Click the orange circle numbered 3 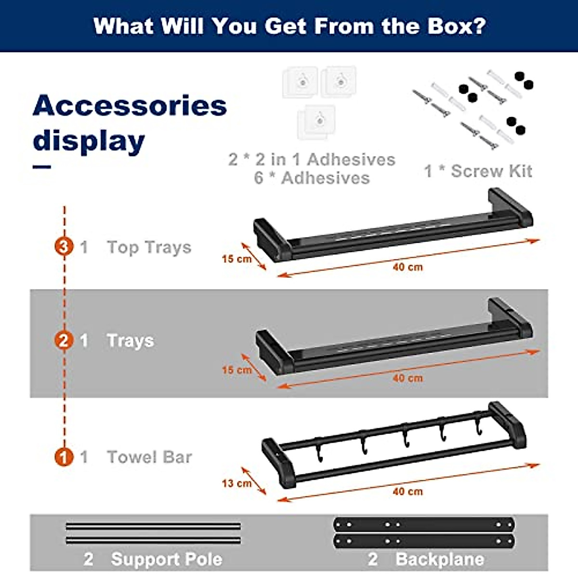pyautogui.click(x=64, y=247)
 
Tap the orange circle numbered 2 pyautogui.click(x=64, y=341)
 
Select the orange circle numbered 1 pyautogui.click(x=64, y=457)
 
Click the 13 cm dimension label pyautogui.click(x=236, y=483)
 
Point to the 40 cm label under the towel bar pyautogui.click(x=407, y=491)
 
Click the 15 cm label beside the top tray pyautogui.click(x=236, y=259)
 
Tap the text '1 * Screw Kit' pyautogui.click(x=478, y=171)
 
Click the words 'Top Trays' pyautogui.click(x=149, y=247)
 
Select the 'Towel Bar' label pyautogui.click(x=149, y=457)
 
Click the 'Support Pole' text pyautogui.click(x=166, y=559)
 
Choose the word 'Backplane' pyautogui.click(x=439, y=559)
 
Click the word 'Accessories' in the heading pyautogui.click(x=130, y=105)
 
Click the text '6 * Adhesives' pyautogui.click(x=312, y=178)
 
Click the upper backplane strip pyautogui.click(x=424, y=525)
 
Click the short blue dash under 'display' pyautogui.click(x=42, y=167)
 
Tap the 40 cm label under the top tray pyautogui.click(x=407, y=267)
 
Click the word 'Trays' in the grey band pyautogui.click(x=130, y=341)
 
